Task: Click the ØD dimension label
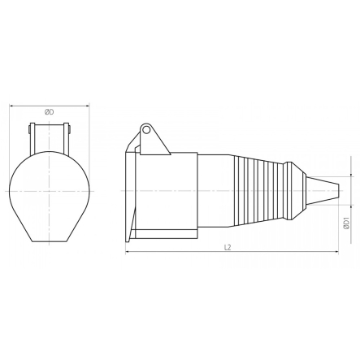pyautogui.click(x=50, y=111)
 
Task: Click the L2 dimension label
pyautogui.click(x=228, y=246)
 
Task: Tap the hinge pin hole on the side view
pyautogui.click(x=146, y=129)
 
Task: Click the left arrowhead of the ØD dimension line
pyautogui.click(x=11, y=106)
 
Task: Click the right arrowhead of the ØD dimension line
pyautogui.click(x=87, y=106)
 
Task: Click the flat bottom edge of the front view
pyautogui.click(x=50, y=241)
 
